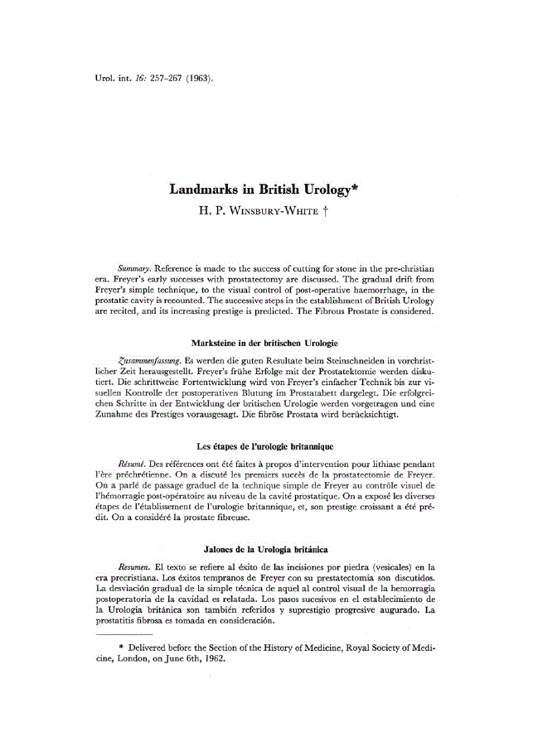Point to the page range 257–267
click(157, 79)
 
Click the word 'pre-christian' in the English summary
click(407, 270)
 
